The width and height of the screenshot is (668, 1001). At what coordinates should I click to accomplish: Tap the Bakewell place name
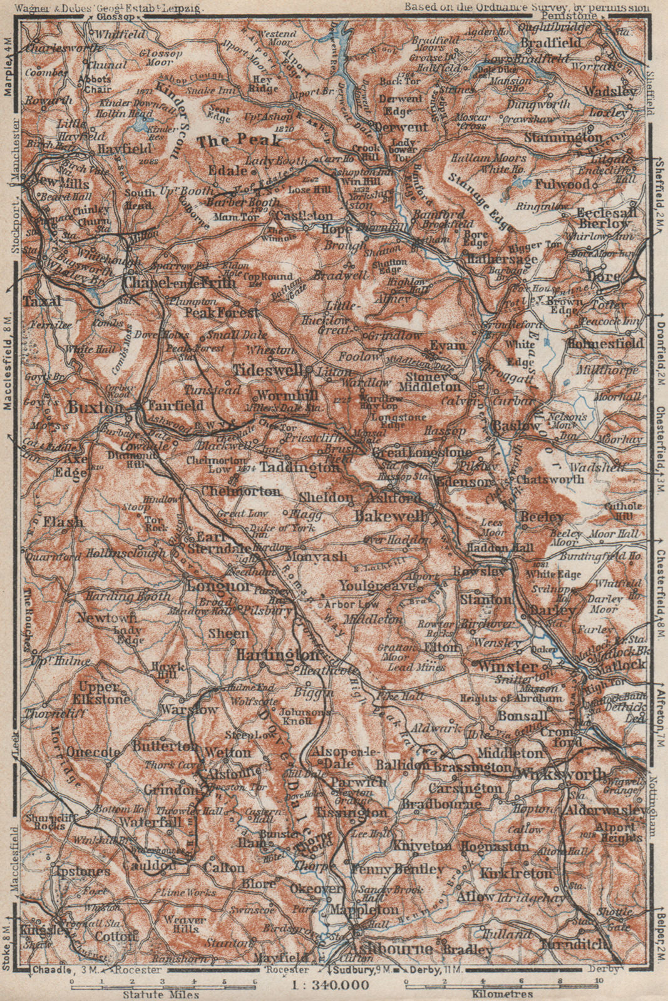pos(393,516)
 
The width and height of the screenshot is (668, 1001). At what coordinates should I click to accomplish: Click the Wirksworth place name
pos(562,773)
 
